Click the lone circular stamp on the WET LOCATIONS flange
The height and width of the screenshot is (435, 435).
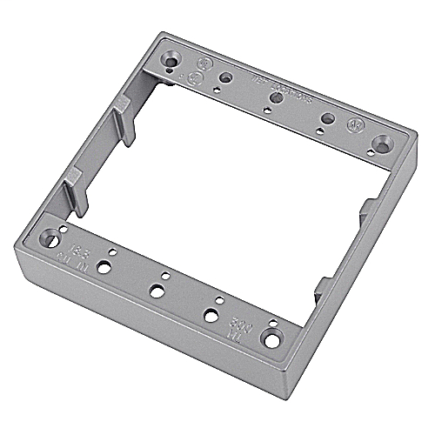355,124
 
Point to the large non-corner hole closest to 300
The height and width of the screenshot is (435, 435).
210,315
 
